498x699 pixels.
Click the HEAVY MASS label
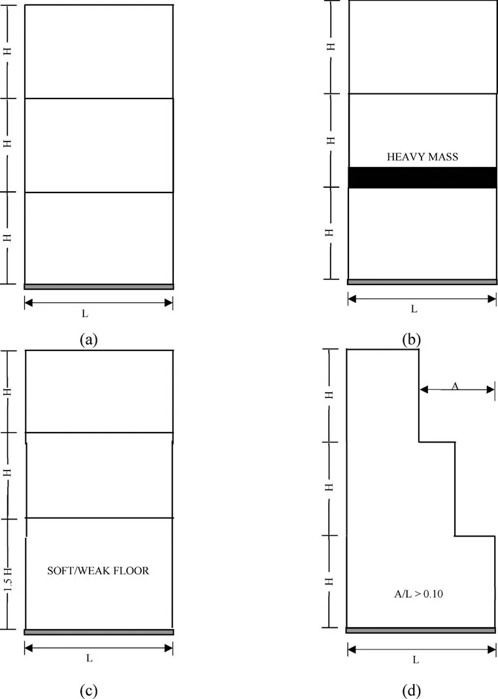(x=422, y=157)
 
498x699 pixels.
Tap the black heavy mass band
(x=422, y=178)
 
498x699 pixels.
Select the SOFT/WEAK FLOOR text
(x=98, y=570)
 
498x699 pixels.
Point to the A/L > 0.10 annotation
(x=418, y=594)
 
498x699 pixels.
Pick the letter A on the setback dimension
(x=455, y=386)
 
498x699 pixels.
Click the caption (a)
(x=88, y=340)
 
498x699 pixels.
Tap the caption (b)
(x=411, y=340)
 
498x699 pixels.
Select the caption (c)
(x=88, y=691)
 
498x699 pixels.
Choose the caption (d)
(x=411, y=691)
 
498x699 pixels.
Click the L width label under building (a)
(x=85, y=314)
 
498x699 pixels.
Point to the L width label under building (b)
(x=414, y=309)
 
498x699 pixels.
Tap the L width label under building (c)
(x=90, y=658)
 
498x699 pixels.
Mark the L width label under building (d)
(x=416, y=660)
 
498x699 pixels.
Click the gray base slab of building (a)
(x=99, y=287)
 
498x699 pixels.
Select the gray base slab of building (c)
(x=99, y=632)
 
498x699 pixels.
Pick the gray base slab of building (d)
(x=422, y=630)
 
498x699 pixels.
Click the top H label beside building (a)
(x=8, y=52)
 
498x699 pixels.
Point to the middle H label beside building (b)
(x=331, y=140)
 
